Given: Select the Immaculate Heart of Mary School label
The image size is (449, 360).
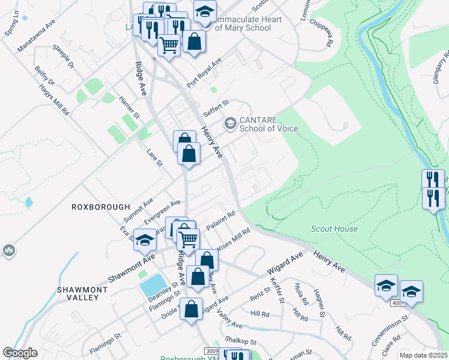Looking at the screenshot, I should pos(248,23).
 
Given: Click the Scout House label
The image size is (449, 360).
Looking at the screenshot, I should pos(334,229).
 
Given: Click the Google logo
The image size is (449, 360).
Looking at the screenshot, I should pos(20,353).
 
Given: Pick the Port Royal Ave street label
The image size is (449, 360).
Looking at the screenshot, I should pos(204,73).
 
